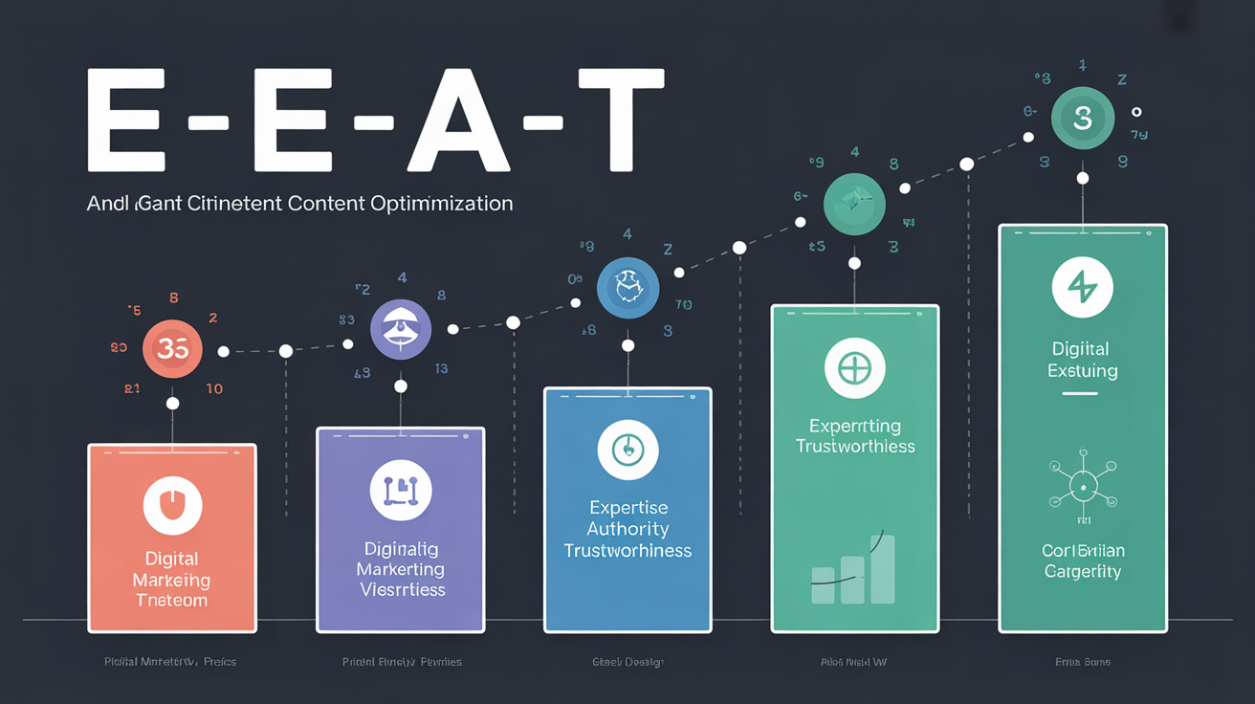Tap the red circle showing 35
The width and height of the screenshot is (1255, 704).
click(x=172, y=350)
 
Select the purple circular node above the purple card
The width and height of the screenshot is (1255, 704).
click(x=401, y=329)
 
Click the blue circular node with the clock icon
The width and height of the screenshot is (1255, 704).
click(x=627, y=287)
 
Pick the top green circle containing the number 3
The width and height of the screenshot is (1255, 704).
click(x=1082, y=120)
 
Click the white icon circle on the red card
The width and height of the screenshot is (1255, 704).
click(x=172, y=506)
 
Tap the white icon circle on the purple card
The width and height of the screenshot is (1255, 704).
click(x=401, y=490)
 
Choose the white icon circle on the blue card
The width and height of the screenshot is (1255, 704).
click(x=627, y=448)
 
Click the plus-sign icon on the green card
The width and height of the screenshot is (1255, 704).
click(x=854, y=369)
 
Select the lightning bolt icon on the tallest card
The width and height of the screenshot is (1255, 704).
click(x=1082, y=287)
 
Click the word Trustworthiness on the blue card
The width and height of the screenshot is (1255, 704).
click(x=627, y=551)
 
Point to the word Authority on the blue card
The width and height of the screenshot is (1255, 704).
click(x=627, y=529)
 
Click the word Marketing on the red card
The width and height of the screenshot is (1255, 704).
click(x=172, y=580)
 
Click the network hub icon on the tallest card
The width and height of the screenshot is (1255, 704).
click(x=1082, y=485)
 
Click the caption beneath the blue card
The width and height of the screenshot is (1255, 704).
click(x=627, y=662)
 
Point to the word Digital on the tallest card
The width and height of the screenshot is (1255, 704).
click(x=1081, y=349)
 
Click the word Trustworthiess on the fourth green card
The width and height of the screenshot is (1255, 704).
click(x=855, y=447)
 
